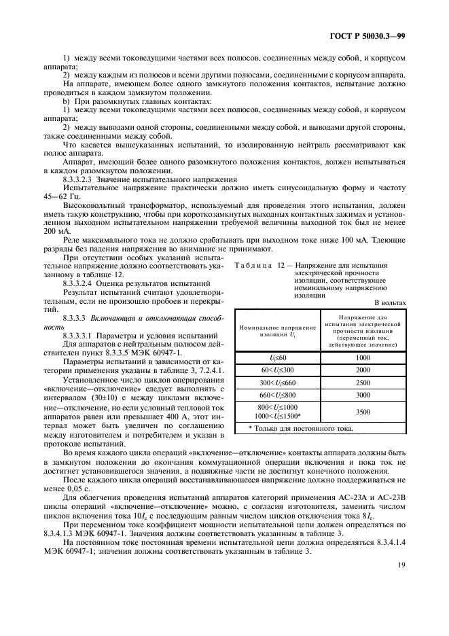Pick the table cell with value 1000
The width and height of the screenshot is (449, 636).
pyautogui.click(x=362, y=357)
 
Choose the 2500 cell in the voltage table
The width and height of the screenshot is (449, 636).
pyautogui.click(x=362, y=382)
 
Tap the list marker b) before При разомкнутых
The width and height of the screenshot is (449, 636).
pyautogui.click(x=67, y=101)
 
